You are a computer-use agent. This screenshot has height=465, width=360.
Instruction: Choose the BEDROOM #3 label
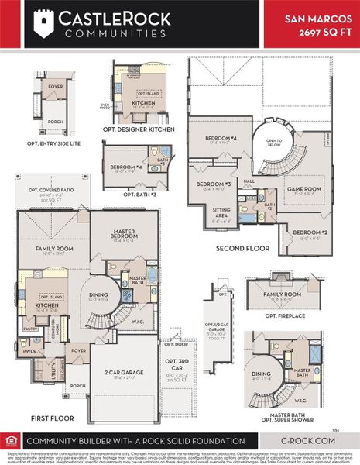[218, 185]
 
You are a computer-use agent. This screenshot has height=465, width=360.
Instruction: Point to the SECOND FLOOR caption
[244, 248]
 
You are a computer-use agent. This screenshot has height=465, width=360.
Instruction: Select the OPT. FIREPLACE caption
[283, 316]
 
